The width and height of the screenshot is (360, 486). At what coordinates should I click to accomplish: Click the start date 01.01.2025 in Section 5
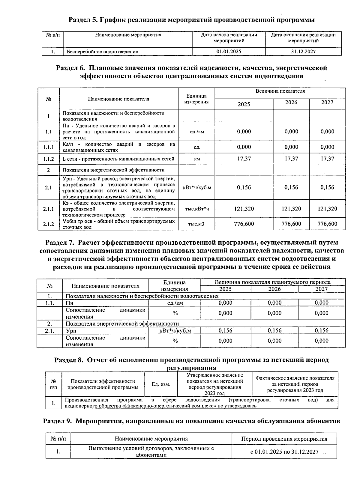pos(229,52)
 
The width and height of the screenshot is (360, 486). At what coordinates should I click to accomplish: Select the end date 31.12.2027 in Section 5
pos(303,52)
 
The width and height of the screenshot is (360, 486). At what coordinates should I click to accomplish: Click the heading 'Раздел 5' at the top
pos(83,20)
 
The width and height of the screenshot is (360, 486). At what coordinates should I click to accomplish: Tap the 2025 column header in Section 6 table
pos(244,104)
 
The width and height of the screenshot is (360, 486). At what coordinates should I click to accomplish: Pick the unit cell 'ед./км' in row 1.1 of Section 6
pos(197,132)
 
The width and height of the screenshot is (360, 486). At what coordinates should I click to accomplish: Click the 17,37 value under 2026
pos(291,159)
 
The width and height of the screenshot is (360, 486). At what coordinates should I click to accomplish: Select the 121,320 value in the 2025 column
pos(244,209)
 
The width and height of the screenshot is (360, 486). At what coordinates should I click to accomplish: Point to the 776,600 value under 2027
pos(327,224)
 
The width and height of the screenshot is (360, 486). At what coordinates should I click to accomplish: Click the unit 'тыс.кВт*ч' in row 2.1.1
pos(197,209)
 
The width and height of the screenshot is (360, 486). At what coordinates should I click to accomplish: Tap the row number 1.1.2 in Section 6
pos(48,159)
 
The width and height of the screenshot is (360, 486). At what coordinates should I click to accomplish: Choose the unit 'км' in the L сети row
pos(197,159)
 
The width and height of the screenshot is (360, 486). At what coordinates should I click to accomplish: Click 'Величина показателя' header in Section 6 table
pos(280,91)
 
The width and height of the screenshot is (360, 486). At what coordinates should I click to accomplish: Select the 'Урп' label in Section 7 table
pos(71,331)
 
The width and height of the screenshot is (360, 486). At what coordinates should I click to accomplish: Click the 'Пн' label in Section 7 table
pos(70,303)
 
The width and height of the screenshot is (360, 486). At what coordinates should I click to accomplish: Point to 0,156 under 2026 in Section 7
pos(274,330)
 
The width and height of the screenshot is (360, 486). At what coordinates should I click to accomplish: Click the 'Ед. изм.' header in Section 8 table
pos(161,384)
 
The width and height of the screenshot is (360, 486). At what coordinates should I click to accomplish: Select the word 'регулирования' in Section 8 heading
pos(191,368)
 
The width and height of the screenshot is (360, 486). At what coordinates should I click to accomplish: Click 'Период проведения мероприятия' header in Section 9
pos(284,439)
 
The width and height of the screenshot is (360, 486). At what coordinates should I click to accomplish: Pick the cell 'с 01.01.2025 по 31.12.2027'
pos(284,452)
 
